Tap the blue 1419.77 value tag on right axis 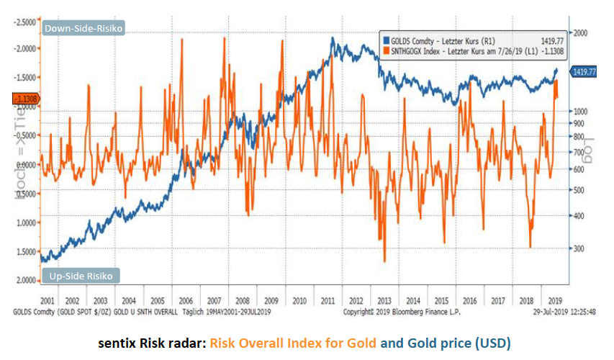click(x=584, y=72)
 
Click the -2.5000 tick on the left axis click(x=25, y=22)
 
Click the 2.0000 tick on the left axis click(x=27, y=279)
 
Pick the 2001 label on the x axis click(x=47, y=300)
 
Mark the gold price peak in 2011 click(x=332, y=37)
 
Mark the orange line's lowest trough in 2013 click(x=384, y=261)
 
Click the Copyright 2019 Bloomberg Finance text click(x=387, y=312)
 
